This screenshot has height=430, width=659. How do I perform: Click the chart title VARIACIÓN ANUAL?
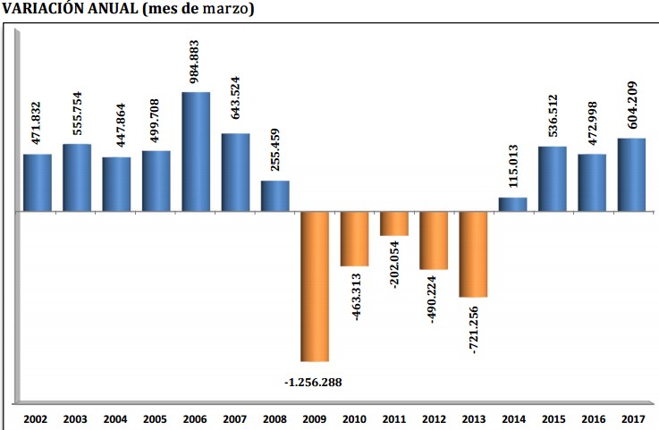coord(67,10)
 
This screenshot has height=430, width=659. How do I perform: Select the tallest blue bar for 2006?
coord(196,152)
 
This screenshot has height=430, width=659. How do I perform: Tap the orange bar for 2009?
coord(315,286)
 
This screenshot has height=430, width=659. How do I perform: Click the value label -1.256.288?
coord(313,383)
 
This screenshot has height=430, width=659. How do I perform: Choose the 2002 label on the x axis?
coord(37,417)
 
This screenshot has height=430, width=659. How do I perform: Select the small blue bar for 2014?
coord(512,205)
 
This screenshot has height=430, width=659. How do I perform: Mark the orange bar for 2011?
coord(393,223)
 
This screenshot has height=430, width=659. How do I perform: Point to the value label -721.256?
coord(473,330)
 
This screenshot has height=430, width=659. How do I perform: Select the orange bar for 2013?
coord(473,254)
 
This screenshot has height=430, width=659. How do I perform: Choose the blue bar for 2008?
coord(275,197)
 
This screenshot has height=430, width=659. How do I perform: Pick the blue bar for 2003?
coord(77,178)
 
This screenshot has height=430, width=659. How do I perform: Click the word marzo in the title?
coord(225,10)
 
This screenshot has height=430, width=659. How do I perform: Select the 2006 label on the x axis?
coord(195,417)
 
